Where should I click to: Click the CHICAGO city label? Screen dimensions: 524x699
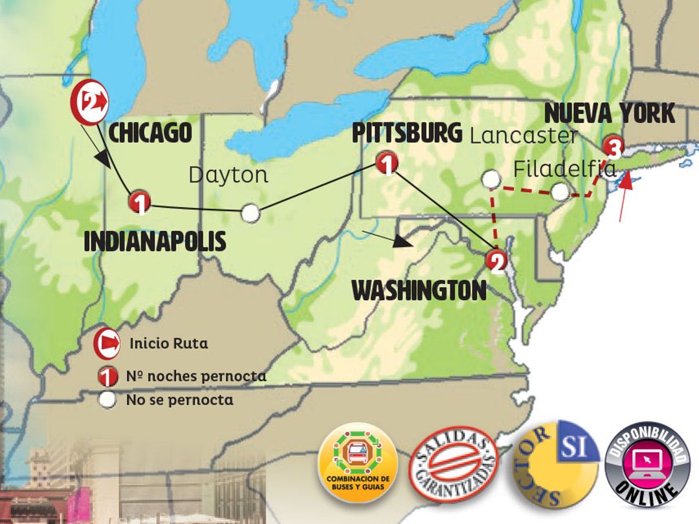[150, 133]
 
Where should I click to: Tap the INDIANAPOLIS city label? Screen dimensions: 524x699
[155, 241]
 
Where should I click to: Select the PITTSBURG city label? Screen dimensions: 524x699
[407, 133]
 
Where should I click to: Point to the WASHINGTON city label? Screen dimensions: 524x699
[419, 291]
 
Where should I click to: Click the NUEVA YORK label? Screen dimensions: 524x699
[610, 114]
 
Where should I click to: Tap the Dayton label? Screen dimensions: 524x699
[228, 175]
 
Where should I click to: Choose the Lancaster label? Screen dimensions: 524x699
[523, 136]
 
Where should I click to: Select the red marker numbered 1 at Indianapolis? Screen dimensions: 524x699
[139, 203]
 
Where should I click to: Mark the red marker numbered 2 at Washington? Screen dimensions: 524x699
[496, 261]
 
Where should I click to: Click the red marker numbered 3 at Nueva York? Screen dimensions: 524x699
[612, 147]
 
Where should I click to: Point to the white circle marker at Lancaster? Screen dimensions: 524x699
[492, 178]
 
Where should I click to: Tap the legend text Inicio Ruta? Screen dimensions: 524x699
[168, 344]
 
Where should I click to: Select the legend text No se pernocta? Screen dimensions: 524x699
[179, 400]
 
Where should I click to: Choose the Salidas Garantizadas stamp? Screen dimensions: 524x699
[455, 463]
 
